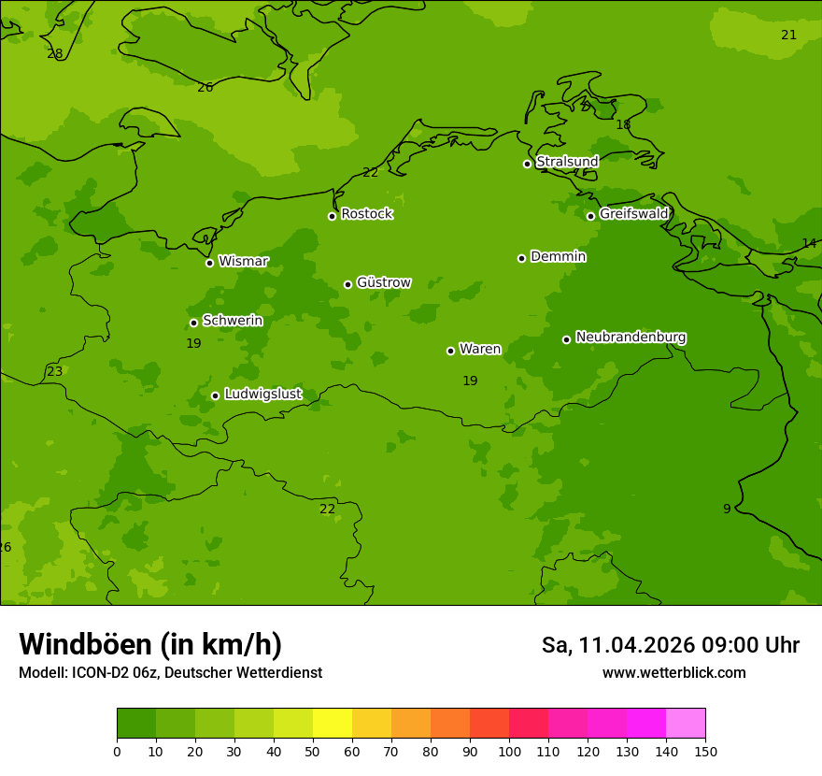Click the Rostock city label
click(366, 214)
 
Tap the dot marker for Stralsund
click(527, 164)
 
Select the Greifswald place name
click(633, 214)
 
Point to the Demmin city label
click(558, 256)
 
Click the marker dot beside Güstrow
click(347, 284)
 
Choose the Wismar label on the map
click(243, 261)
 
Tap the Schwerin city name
click(232, 321)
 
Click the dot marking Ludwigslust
click(215, 395)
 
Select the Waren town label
click(479, 349)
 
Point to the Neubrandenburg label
click(631, 337)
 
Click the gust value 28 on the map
click(55, 53)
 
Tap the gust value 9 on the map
click(727, 509)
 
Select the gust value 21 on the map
click(788, 35)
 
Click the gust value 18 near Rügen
click(623, 124)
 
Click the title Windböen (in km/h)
click(150, 644)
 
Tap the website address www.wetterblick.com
click(673, 673)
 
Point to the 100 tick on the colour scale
click(509, 751)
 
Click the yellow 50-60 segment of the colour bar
click(333, 724)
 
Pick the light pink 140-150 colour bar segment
click(686, 724)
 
